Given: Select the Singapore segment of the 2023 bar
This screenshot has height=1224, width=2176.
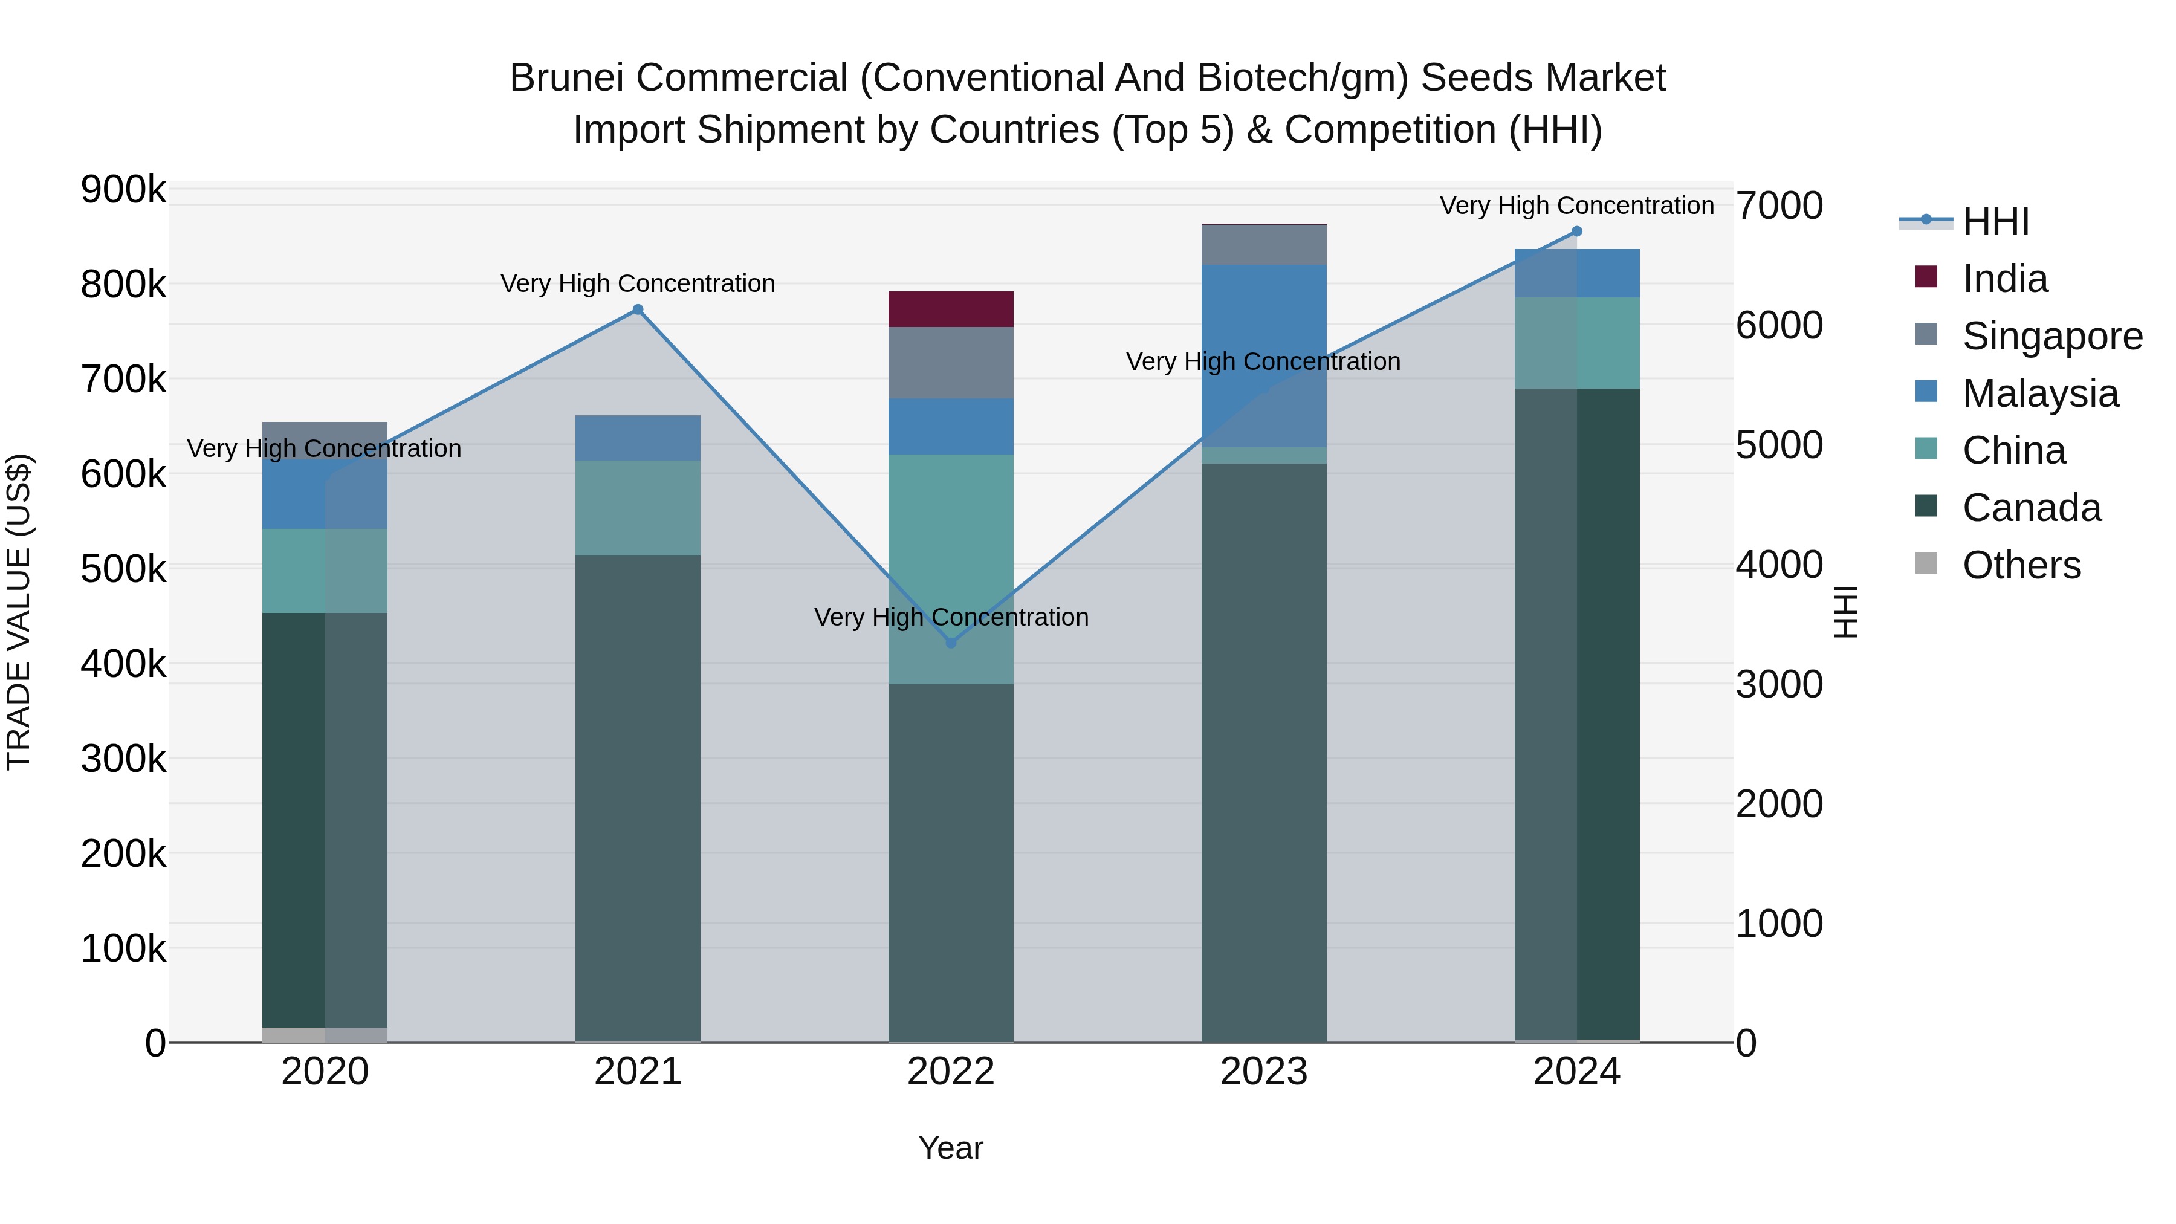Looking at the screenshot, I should point(1264,245).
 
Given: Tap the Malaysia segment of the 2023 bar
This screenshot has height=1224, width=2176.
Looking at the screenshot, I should point(1264,355).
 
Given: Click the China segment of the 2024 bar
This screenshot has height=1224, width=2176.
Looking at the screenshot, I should point(1576,343).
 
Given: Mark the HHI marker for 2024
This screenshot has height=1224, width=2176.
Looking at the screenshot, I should point(1576,232).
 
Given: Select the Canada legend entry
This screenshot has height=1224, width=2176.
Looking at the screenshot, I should point(2031,508).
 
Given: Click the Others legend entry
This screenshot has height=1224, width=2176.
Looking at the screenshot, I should point(2021,565).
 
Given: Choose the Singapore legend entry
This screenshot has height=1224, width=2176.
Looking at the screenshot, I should point(2051,336).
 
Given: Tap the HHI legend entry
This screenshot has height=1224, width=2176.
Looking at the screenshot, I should point(1995,221).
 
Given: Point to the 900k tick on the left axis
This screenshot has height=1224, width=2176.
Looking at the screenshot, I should point(123,190).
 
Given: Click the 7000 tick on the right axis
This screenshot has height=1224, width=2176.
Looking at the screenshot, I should point(1779,206).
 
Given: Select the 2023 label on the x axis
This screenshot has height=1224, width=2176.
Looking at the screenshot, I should point(1264,1072).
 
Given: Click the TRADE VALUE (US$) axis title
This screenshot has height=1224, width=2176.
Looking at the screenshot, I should point(19,612).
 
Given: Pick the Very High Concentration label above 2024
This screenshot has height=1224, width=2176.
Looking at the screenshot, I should point(1576,206).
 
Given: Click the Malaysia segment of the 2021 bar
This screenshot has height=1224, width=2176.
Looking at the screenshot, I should point(638,438).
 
